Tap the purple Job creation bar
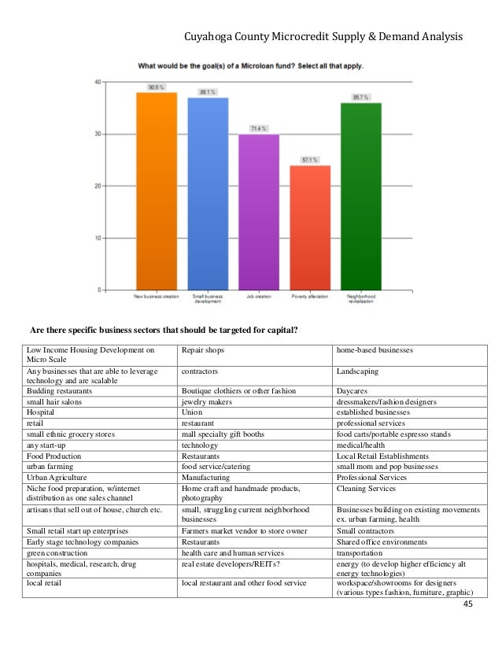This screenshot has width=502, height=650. click(x=259, y=212)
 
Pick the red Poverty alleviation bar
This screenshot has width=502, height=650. click(x=310, y=227)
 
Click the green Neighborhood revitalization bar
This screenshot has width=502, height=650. click(x=361, y=196)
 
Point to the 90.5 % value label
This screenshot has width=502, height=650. click(x=156, y=87)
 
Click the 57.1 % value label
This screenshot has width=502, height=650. click(x=310, y=160)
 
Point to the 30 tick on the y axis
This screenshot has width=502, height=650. click(x=96, y=134)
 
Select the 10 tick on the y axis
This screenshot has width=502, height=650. click(x=96, y=238)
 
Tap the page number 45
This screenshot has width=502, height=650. click(x=469, y=604)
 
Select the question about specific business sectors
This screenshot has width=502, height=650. click(x=164, y=329)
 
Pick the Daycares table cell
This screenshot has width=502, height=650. click(x=352, y=390)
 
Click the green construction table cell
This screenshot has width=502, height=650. click(x=57, y=552)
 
